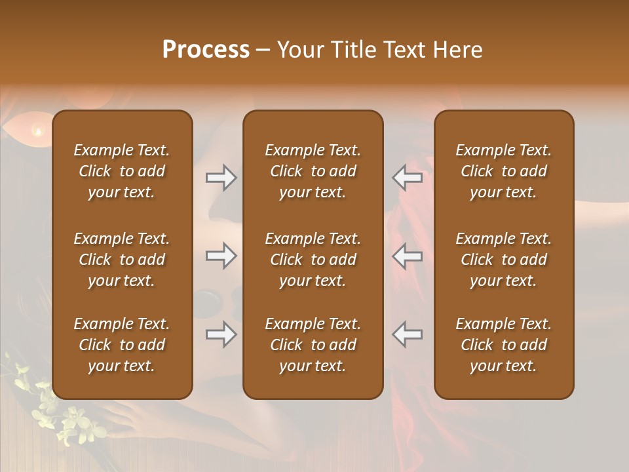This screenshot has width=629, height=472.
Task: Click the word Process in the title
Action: [x=206, y=50]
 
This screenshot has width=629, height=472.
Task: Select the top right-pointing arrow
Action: [x=221, y=178]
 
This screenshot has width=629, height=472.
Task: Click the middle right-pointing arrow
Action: [x=221, y=256]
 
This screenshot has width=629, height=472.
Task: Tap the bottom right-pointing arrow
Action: [x=221, y=335]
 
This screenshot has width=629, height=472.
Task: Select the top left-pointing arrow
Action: [x=408, y=178]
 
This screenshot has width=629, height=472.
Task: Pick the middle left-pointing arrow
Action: [x=408, y=256]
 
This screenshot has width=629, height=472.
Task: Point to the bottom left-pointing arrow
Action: [x=408, y=334]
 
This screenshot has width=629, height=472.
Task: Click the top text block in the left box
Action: [x=122, y=171]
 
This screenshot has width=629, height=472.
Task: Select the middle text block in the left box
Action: [x=122, y=260]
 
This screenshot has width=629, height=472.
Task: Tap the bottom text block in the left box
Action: [x=122, y=345]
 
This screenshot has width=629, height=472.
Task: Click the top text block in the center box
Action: [x=313, y=171]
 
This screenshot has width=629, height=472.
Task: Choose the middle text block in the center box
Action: [x=313, y=260]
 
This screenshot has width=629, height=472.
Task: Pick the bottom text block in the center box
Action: [x=313, y=345]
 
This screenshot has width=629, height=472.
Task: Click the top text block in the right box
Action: [x=503, y=171]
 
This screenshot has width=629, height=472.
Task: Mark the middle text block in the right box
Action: [x=503, y=260]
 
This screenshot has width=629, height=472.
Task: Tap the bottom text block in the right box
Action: [x=503, y=345]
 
